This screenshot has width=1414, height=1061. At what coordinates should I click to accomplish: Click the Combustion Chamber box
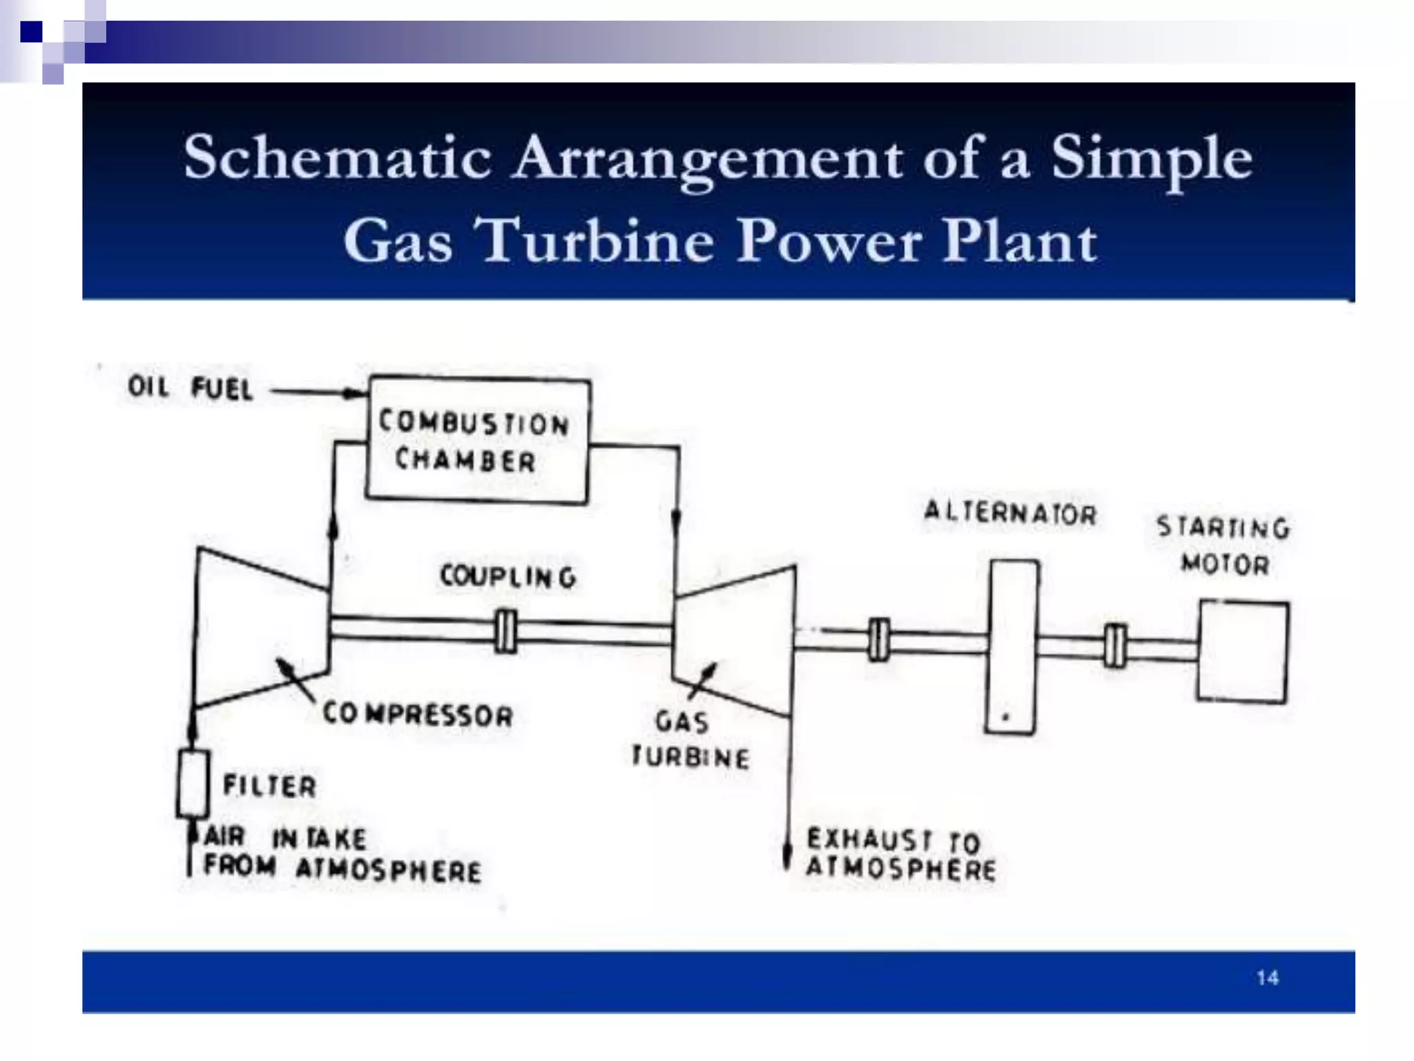tap(477, 440)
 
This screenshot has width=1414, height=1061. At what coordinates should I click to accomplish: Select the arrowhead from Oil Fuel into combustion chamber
tap(355, 394)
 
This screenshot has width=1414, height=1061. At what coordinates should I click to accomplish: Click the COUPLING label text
tap(508, 577)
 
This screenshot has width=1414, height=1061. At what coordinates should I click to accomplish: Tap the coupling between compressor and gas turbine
tap(506, 631)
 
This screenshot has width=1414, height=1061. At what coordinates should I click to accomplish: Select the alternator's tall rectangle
tap(1012, 646)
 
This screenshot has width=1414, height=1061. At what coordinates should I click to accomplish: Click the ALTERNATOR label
tap(1010, 513)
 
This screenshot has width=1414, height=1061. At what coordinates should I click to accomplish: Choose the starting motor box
tap(1243, 652)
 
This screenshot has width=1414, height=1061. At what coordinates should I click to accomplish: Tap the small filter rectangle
tap(193, 784)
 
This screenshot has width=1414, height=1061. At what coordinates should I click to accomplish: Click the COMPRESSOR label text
tap(418, 715)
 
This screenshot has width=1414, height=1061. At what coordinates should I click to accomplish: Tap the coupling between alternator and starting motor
tap(1114, 646)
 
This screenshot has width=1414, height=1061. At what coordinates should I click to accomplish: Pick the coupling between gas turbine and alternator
tap(878, 640)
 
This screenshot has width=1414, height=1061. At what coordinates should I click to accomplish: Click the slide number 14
tap(1267, 978)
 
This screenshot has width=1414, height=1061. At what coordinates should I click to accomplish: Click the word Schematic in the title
tap(337, 158)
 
